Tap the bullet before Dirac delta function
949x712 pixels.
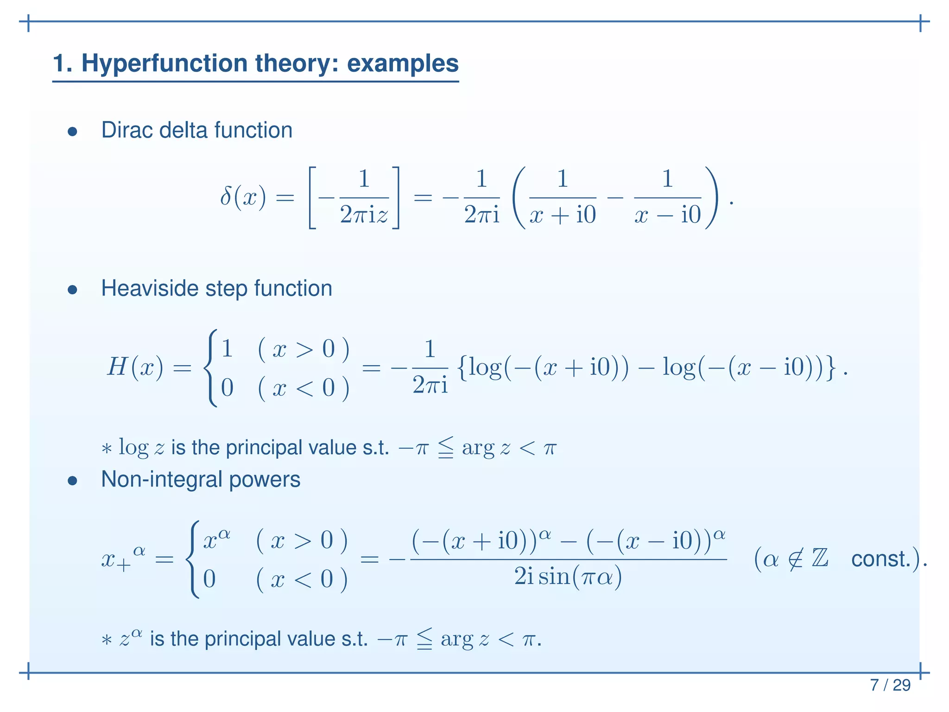(72, 132)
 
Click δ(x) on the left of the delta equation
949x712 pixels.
(243, 198)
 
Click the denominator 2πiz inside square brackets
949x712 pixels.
(364, 215)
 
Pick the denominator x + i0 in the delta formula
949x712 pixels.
(562, 215)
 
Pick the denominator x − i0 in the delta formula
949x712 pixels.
(667, 215)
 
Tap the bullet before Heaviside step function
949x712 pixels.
(72, 290)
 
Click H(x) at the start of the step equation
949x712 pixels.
(135, 368)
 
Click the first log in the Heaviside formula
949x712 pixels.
(485, 368)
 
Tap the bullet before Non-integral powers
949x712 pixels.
(72, 481)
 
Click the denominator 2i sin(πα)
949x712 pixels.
(568, 577)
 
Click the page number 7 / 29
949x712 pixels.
(890, 685)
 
